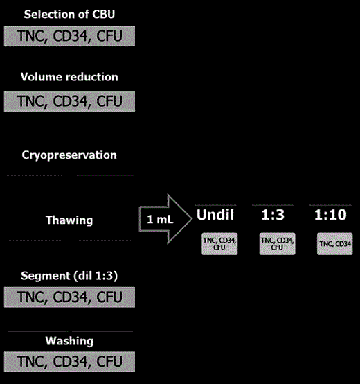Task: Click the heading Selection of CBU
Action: coord(69,14)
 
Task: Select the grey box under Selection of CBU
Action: coord(69,36)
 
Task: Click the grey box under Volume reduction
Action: coord(69,101)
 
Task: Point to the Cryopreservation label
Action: coord(69,155)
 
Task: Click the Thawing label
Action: coord(69,220)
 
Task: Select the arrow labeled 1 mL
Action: coord(164,221)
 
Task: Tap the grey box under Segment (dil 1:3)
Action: coord(69,297)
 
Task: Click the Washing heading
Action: coord(69,341)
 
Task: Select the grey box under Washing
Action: coord(69,362)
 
